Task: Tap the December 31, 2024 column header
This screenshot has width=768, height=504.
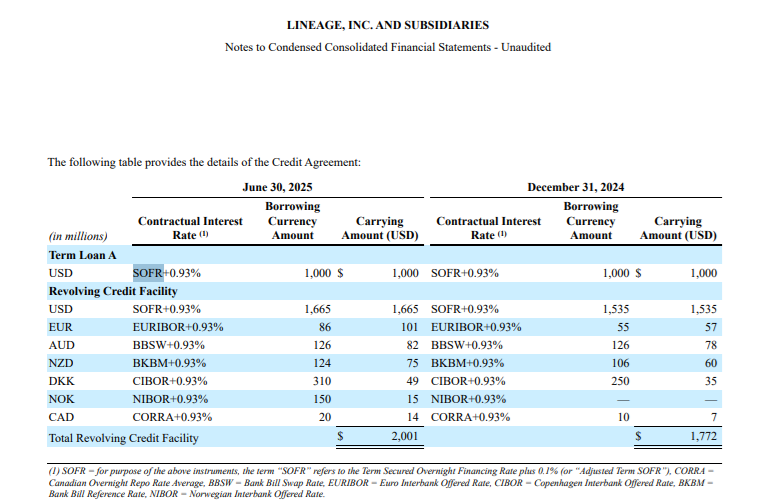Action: click(x=576, y=187)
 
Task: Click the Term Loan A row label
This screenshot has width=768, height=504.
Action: click(x=82, y=255)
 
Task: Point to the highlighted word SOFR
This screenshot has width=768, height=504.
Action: click(x=148, y=273)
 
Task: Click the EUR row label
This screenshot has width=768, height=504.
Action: click(x=60, y=327)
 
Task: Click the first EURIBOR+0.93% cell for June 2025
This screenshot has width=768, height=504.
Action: click(x=178, y=327)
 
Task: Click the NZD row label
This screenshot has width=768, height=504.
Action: click(x=61, y=363)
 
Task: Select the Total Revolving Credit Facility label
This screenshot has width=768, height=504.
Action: click(x=123, y=437)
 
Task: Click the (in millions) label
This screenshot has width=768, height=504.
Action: click(x=78, y=236)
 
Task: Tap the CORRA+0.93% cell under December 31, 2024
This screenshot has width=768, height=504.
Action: click(x=470, y=417)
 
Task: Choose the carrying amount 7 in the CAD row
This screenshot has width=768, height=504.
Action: click(x=713, y=417)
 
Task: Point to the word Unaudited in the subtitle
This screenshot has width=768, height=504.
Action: click(x=524, y=47)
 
